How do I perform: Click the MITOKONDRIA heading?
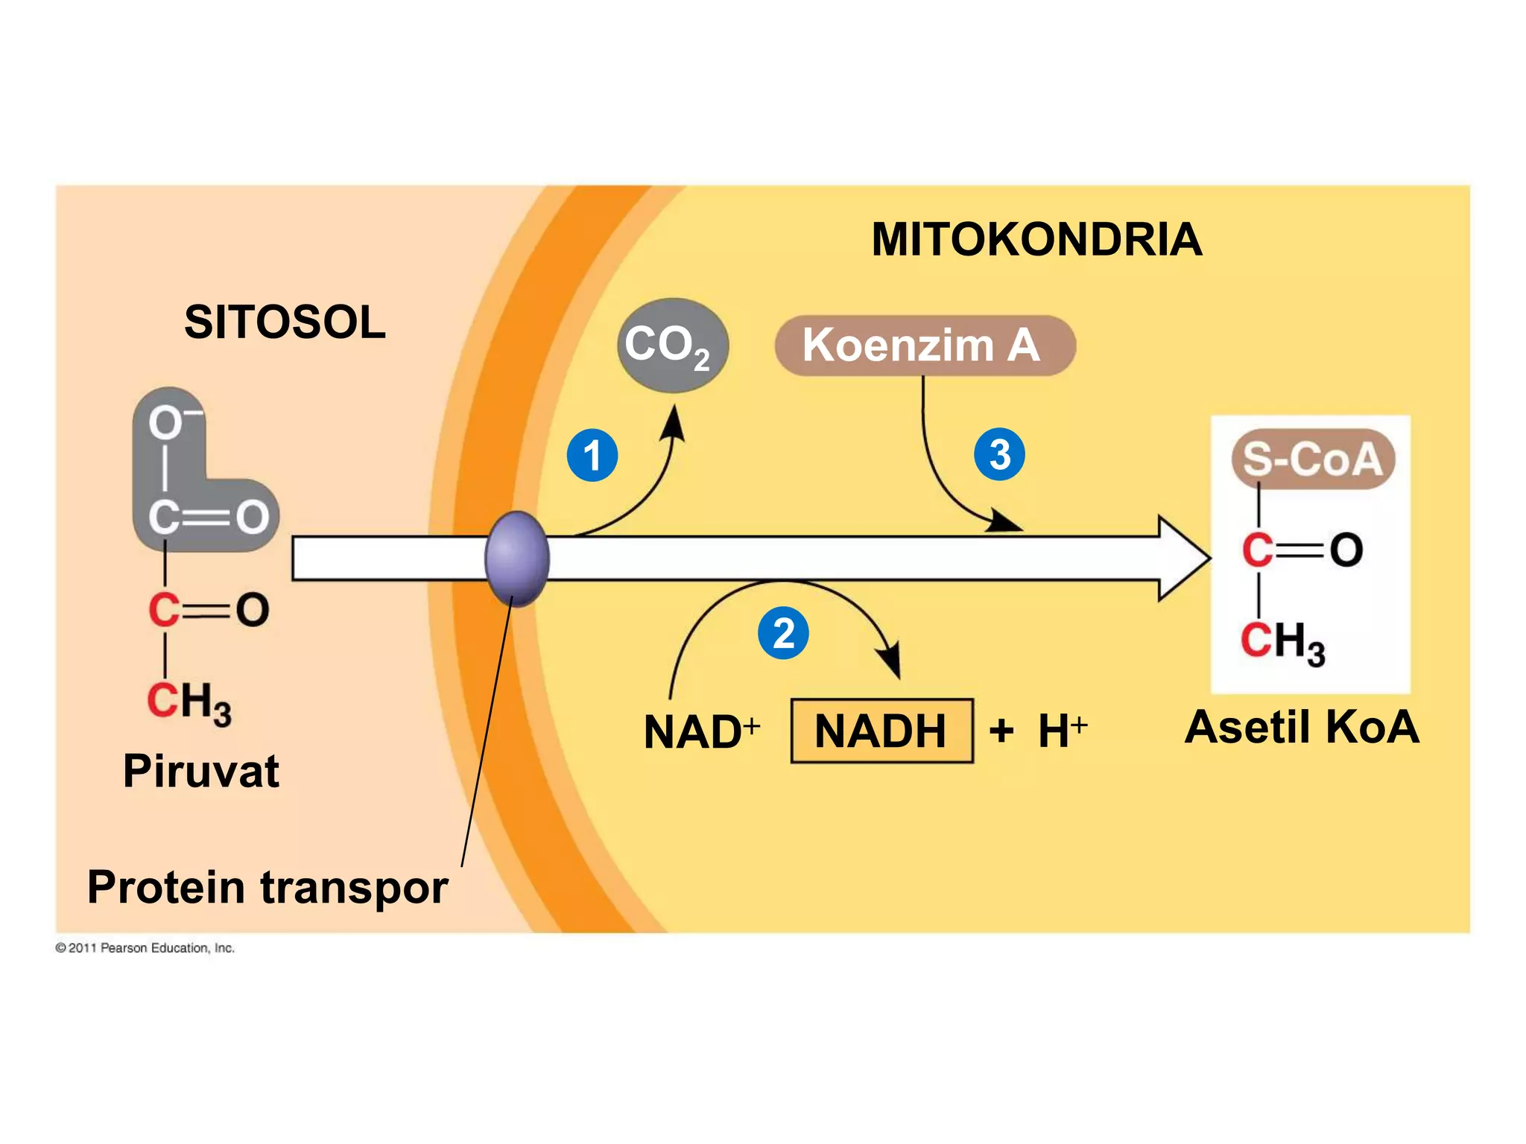[x=1036, y=240]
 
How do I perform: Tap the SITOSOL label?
[x=285, y=322]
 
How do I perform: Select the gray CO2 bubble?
[x=672, y=346]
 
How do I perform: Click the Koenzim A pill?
[x=924, y=346]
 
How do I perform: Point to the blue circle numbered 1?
[x=592, y=455]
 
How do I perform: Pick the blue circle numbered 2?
[x=783, y=634]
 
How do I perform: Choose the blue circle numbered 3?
[x=999, y=454]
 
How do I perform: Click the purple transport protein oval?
[x=517, y=559]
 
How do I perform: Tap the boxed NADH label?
[x=881, y=731]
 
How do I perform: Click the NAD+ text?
[x=700, y=731]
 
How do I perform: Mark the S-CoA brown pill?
[x=1313, y=459]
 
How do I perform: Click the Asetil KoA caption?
[x=1302, y=727]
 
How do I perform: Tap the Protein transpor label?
[x=267, y=887]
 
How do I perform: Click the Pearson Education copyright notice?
[x=145, y=948]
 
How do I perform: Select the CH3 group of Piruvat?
[x=189, y=702]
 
